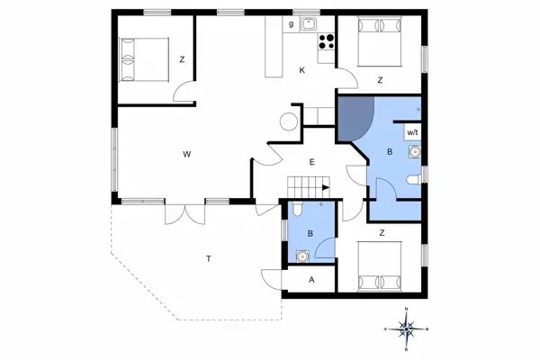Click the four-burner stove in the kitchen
click(325, 40)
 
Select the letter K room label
click(302, 70)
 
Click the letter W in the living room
click(187, 155)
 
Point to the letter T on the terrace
click(208, 259)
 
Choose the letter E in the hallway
click(311, 162)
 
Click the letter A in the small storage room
click(311, 280)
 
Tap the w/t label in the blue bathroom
click(412, 132)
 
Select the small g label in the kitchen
click(291, 24)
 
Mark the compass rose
click(407, 329)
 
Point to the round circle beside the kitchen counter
click(290, 122)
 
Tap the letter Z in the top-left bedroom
click(182, 59)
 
